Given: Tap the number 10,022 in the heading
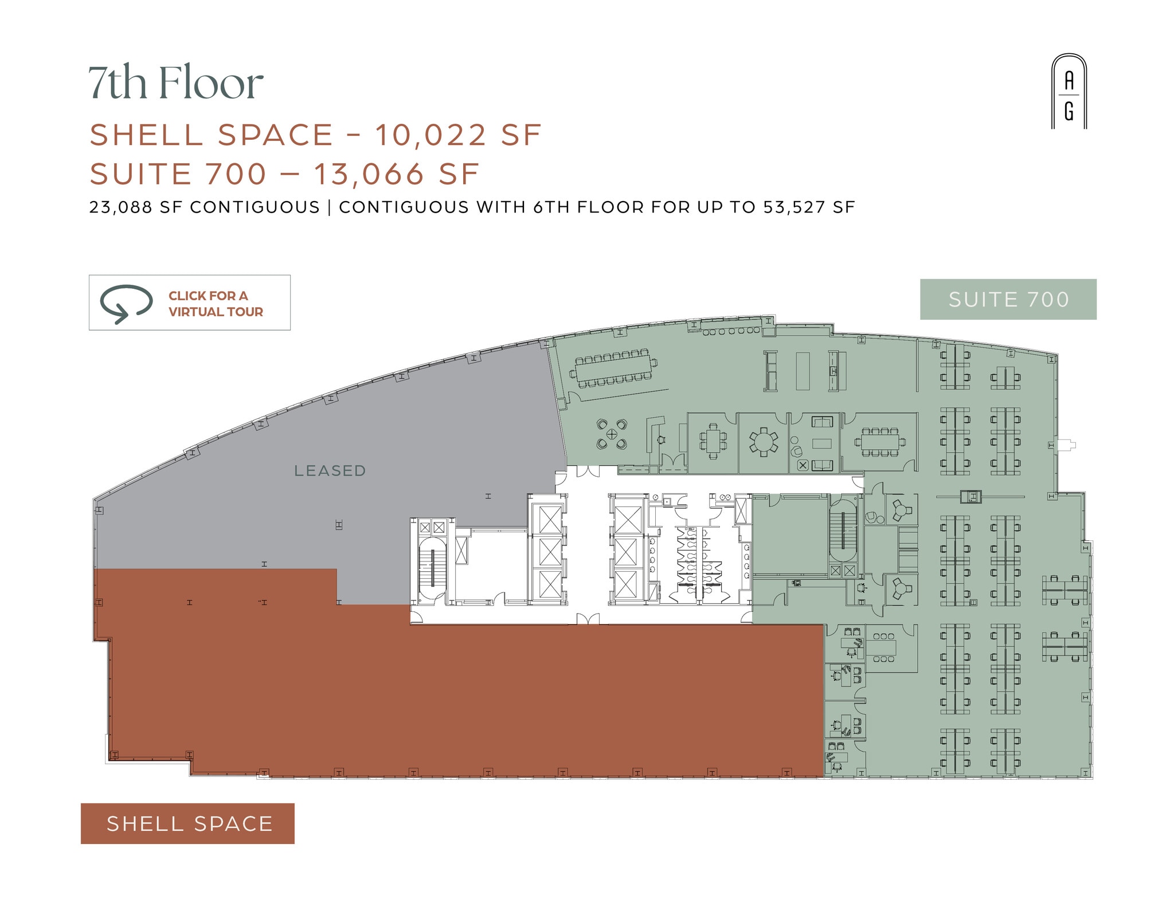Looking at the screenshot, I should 431,135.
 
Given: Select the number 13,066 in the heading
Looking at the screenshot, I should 369,174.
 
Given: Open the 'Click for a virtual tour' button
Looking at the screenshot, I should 190,303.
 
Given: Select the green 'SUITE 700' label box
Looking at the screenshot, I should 1008,299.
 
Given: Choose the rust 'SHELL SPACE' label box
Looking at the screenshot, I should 187,823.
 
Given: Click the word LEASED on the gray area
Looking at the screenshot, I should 330,471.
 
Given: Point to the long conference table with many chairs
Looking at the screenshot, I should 613,368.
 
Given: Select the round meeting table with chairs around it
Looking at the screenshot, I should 763,442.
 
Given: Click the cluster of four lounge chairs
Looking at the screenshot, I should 612,434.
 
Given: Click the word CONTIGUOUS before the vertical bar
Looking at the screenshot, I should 255,207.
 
